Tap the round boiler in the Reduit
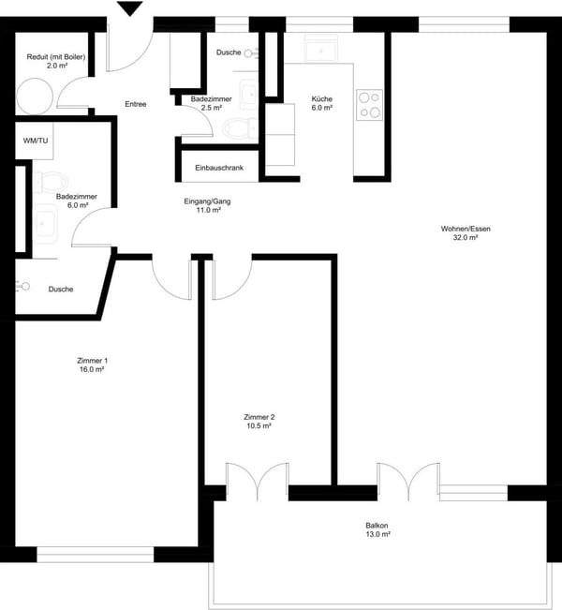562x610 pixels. click(x=35, y=96)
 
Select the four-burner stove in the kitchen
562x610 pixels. click(x=369, y=104)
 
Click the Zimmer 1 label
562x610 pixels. click(x=92, y=360)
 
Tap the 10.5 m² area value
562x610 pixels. click(x=259, y=426)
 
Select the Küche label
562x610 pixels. click(x=322, y=97)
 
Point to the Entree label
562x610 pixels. click(x=136, y=104)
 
